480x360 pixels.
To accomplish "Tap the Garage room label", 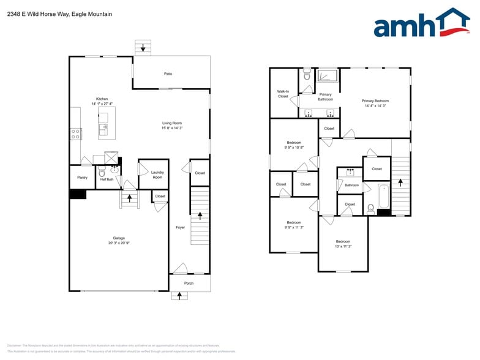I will (118, 238).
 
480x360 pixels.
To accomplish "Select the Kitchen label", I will (102, 99).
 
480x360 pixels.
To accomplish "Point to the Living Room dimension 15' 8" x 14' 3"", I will (172, 128).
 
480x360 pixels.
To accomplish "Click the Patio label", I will (168, 74).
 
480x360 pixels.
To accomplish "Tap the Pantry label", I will (82, 178).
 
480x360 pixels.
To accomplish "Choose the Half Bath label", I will (107, 179).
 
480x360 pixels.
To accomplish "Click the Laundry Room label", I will (157, 175).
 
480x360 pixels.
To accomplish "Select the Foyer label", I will (180, 227).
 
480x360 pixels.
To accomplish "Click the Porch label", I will (189, 283).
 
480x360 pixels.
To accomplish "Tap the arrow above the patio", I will (143, 47).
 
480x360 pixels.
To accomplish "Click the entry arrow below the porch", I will (179, 296).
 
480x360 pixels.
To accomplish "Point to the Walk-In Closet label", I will (283, 94).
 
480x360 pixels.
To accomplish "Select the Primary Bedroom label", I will (375, 101).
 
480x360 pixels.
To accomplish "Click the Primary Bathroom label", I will (325, 97).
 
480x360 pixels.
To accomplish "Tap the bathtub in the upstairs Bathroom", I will (384, 197).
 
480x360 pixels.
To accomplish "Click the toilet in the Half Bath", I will (102, 173).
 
